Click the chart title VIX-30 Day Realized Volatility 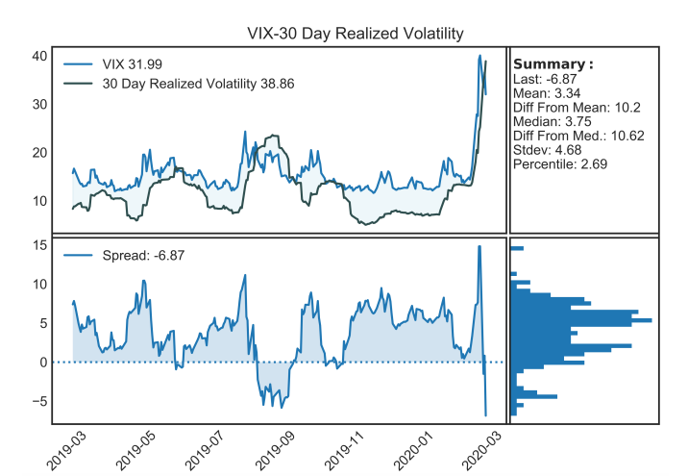(x=355, y=34)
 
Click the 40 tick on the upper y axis (x=39, y=56)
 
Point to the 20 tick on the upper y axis (x=39, y=152)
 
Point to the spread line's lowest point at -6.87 (x=486, y=415)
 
